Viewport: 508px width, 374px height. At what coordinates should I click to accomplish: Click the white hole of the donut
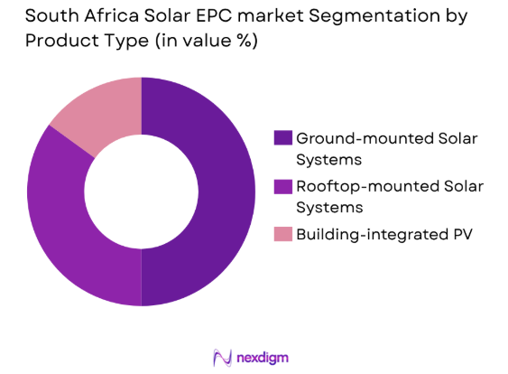coord(141,191)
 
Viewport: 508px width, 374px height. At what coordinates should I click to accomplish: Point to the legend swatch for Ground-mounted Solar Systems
coord(282,138)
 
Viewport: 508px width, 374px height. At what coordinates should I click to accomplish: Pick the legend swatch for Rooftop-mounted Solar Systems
coord(282,186)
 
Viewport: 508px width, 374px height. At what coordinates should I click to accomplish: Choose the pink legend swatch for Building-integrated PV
coord(282,234)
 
